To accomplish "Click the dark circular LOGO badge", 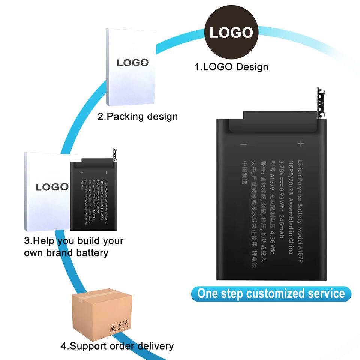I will pos(231,32).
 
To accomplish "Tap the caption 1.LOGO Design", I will pos(231,67).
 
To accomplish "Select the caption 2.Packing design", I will pos(138,116).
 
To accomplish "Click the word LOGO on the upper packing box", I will pos(132,63).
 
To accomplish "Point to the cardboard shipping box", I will pos(102,314).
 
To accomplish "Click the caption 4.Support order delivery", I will pos(117,345).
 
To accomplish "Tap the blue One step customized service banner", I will pos(271,293).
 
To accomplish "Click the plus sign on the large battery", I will pos(300,144).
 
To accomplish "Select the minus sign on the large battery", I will pos(244,144).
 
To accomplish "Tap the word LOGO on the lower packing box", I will pos(52,187).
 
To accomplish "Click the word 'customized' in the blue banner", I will pos(277,293).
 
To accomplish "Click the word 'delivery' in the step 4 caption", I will pos(154,345).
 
